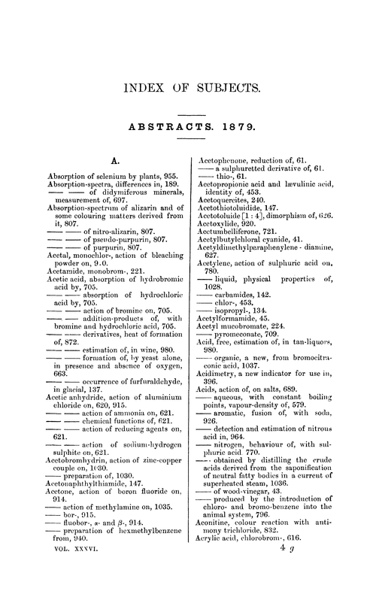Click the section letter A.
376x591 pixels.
(116, 160)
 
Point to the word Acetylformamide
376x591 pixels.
(229, 338)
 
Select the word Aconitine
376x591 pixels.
(220, 541)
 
